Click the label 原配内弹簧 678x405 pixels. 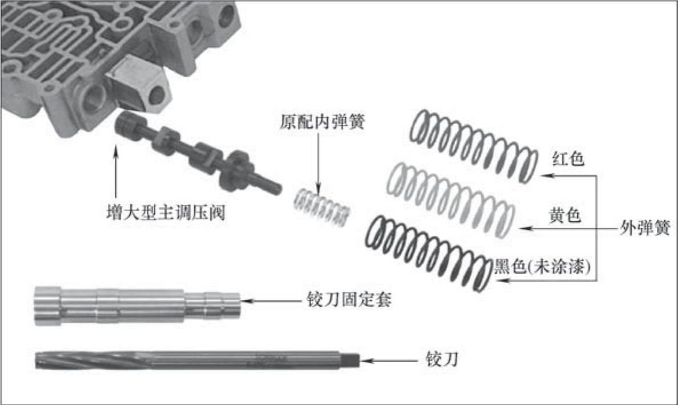click(x=322, y=122)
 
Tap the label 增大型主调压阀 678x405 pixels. click(x=166, y=213)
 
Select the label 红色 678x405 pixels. click(x=568, y=158)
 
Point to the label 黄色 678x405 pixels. click(x=564, y=215)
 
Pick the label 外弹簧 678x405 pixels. click(x=645, y=228)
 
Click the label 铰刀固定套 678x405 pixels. click(x=349, y=300)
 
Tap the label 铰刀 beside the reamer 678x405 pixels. click(x=442, y=359)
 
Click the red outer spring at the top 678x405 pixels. click(x=474, y=146)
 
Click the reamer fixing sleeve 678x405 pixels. click(x=137, y=305)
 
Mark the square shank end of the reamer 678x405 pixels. click(x=353, y=359)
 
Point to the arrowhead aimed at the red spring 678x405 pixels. click(x=545, y=176)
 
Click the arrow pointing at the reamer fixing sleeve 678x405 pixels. click(x=270, y=300)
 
